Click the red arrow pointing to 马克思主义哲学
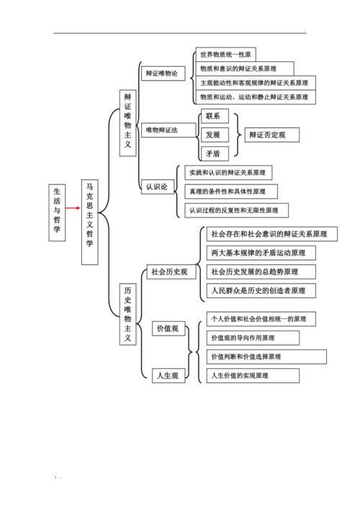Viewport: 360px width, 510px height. (73, 208)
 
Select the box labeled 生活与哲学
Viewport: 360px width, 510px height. (57, 212)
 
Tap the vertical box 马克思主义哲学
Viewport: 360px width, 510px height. (90, 222)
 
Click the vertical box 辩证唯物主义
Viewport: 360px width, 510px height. (128, 123)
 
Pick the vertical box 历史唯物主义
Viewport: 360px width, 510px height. (128, 315)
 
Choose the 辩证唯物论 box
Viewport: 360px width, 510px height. (163, 73)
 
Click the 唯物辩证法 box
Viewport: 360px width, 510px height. (168, 130)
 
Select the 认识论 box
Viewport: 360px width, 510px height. (158, 187)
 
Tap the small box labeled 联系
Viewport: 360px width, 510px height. (215, 116)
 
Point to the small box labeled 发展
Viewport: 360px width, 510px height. (215, 135)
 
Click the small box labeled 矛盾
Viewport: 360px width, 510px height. (215, 153)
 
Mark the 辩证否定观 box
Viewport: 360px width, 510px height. (272, 135)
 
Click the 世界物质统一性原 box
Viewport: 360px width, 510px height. (225, 54)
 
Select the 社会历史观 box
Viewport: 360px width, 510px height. (171, 272)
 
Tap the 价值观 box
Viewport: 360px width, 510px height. (168, 328)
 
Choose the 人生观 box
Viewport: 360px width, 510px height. (168, 375)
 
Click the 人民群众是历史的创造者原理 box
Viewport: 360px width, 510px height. (261, 290)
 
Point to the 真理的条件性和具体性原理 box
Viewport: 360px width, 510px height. (231, 192)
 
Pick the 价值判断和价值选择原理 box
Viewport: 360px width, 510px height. (266, 357)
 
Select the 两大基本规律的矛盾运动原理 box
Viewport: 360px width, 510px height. (261, 253)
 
